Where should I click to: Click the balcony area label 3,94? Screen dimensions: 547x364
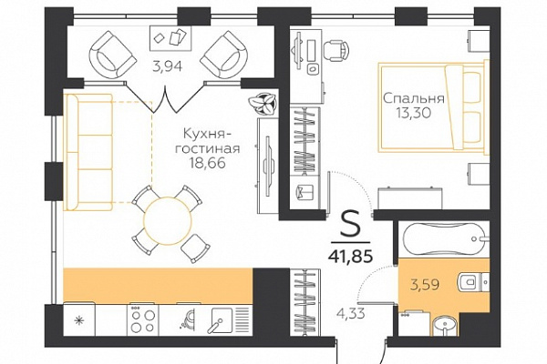click(168, 66)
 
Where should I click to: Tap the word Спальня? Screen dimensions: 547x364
click(414, 98)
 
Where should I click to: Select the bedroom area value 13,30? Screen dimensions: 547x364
click(414, 113)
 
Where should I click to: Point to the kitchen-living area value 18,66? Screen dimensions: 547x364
click(208, 162)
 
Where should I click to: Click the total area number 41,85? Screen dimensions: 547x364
click(350, 256)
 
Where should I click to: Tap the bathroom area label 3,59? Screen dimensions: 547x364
click(425, 285)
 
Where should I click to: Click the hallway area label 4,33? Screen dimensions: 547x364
click(351, 313)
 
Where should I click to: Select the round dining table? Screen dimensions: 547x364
click(168, 221)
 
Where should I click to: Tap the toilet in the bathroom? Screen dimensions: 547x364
click(472, 281)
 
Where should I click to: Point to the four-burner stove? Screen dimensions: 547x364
click(142, 320)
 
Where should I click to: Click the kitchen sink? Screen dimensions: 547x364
click(222, 319)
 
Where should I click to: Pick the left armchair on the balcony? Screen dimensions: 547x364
click(112, 54)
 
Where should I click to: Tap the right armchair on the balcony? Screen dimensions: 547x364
click(224, 55)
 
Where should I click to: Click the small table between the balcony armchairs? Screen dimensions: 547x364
click(171, 37)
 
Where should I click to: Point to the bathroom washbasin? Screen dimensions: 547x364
click(444, 326)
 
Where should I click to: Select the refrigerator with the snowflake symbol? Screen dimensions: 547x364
click(79, 319)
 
